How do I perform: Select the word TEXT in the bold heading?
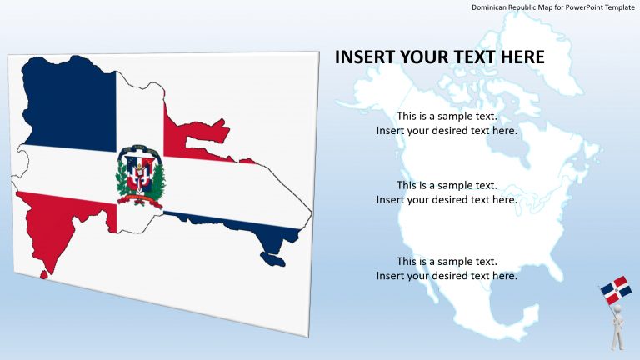(x=473, y=57)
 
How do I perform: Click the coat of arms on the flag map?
(x=140, y=175)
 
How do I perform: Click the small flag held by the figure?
(x=615, y=289)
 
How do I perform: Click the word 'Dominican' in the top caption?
(x=491, y=7)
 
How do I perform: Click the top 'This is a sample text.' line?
(x=447, y=116)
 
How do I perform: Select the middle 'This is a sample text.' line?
(x=447, y=185)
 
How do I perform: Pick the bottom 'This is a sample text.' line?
(x=447, y=261)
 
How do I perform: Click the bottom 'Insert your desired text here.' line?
(x=447, y=276)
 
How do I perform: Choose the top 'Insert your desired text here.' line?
(x=447, y=131)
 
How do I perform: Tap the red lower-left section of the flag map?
(x=58, y=225)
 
